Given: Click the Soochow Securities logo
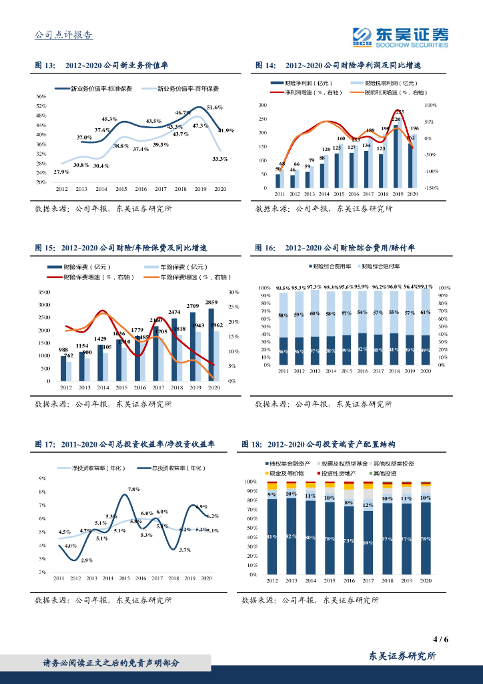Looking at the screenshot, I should [x=400, y=36].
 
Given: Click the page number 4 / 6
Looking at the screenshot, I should [x=440, y=639].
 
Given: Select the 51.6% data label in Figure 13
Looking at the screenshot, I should [x=214, y=108].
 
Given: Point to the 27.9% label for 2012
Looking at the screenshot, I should [x=61, y=172].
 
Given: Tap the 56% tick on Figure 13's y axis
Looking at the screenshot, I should [x=41, y=96].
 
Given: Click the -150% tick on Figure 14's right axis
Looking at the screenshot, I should [x=430, y=188].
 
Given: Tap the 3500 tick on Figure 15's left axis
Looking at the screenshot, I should [x=45, y=293].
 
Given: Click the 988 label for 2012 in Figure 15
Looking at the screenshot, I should [x=63, y=350].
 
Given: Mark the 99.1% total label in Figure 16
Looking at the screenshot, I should [x=426, y=286].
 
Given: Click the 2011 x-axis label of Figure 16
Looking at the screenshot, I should [x=283, y=371].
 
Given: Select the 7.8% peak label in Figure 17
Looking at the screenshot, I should [x=133, y=490].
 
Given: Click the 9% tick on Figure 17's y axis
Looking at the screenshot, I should [x=42, y=478].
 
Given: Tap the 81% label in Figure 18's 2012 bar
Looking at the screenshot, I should [x=272, y=536].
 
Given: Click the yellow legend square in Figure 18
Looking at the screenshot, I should [x=268, y=473].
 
